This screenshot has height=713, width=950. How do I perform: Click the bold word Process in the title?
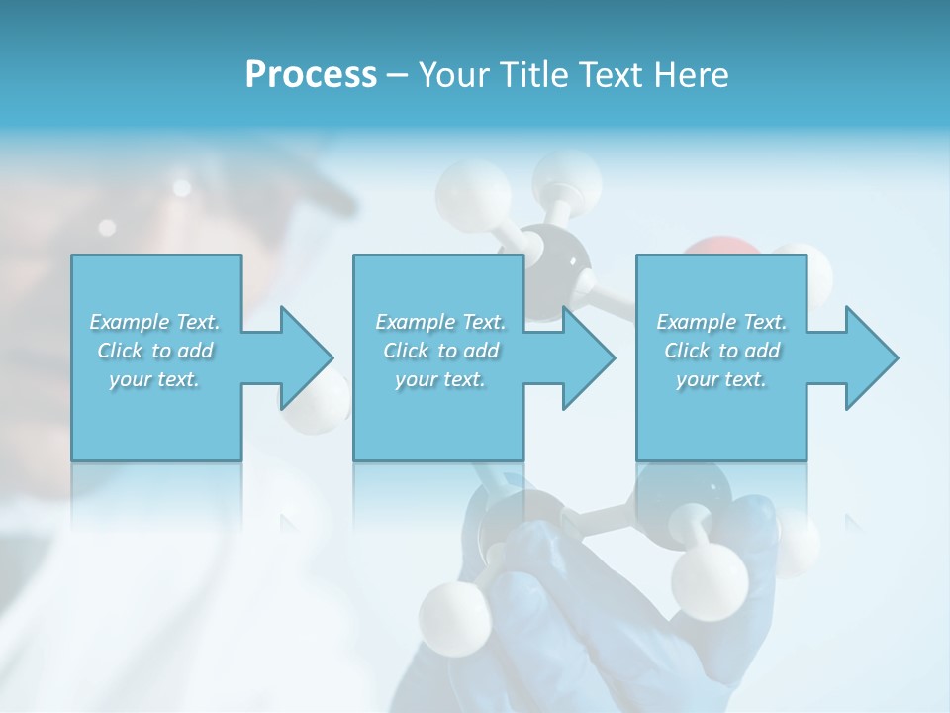(x=311, y=75)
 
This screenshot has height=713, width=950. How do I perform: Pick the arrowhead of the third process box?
(x=870, y=357)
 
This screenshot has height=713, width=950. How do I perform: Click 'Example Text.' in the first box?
(x=155, y=322)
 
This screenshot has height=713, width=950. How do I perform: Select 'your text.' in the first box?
(x=155, y=379)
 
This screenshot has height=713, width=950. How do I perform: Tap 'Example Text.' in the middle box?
(x=440, y=322)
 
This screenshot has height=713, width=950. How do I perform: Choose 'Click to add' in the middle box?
(x=440, y=351)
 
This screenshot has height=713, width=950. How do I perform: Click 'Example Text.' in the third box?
(x=721, y=322)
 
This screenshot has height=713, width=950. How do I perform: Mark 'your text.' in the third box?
(x=721, y=379)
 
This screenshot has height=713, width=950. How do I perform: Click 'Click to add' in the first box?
(x=155, y=351)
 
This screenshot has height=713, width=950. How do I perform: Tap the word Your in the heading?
(x=449, y=75)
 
